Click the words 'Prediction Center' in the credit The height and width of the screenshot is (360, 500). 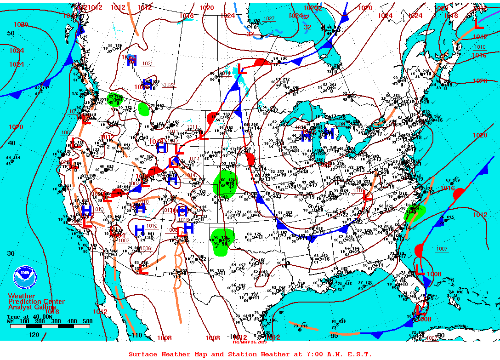click(36, 302)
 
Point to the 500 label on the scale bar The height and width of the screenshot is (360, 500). click(87, 321)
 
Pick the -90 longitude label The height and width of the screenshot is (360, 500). click(334, 336)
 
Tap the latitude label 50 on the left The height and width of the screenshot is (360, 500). click(11, 33)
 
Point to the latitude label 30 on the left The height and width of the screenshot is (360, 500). click(11, 253)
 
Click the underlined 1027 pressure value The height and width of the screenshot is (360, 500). click(269, 19)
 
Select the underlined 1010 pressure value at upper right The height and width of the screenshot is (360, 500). click(479, 47)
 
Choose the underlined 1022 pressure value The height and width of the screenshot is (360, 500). click(169, 85)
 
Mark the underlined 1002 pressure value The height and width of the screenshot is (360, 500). click(124, 240)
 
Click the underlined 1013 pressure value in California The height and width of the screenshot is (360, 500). click(99, 210)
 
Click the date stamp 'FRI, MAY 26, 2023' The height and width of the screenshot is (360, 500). click(249, 342)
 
